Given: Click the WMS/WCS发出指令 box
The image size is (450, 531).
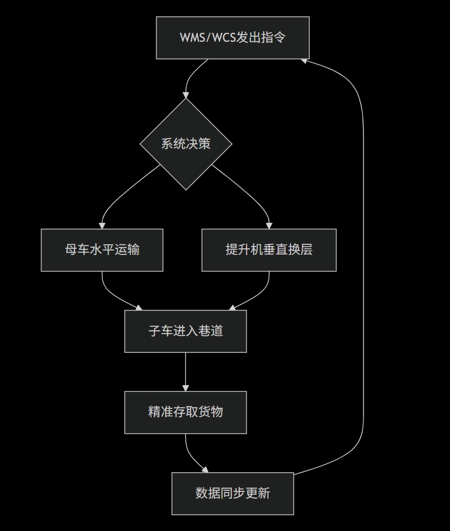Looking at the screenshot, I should coord(232,38).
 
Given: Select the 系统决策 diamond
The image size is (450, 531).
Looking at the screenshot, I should coord(185,144).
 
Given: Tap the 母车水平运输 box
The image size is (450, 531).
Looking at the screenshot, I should coord(102,250).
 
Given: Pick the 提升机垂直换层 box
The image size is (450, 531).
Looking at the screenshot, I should coord(269,250).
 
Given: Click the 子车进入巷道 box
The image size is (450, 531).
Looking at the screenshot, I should coord(185,331).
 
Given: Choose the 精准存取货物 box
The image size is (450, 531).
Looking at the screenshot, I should coord(185,412).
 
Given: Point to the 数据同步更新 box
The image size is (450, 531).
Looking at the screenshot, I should coord(232,494).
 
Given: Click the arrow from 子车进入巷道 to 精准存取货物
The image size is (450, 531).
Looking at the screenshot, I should coord(185,370).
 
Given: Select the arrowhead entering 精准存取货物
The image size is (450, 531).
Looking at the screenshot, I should coord(185,388).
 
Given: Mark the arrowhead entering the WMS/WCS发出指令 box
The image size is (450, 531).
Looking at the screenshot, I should coord(305,60).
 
